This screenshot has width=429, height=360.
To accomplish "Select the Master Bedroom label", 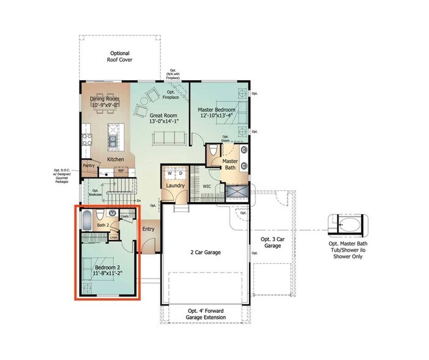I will (217, 110).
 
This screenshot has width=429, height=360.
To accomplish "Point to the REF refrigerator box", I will (121, 171).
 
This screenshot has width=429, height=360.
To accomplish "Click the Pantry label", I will (89, 165).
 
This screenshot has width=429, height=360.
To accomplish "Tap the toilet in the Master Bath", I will (213, 150).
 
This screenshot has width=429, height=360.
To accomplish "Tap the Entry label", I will (148, 229).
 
